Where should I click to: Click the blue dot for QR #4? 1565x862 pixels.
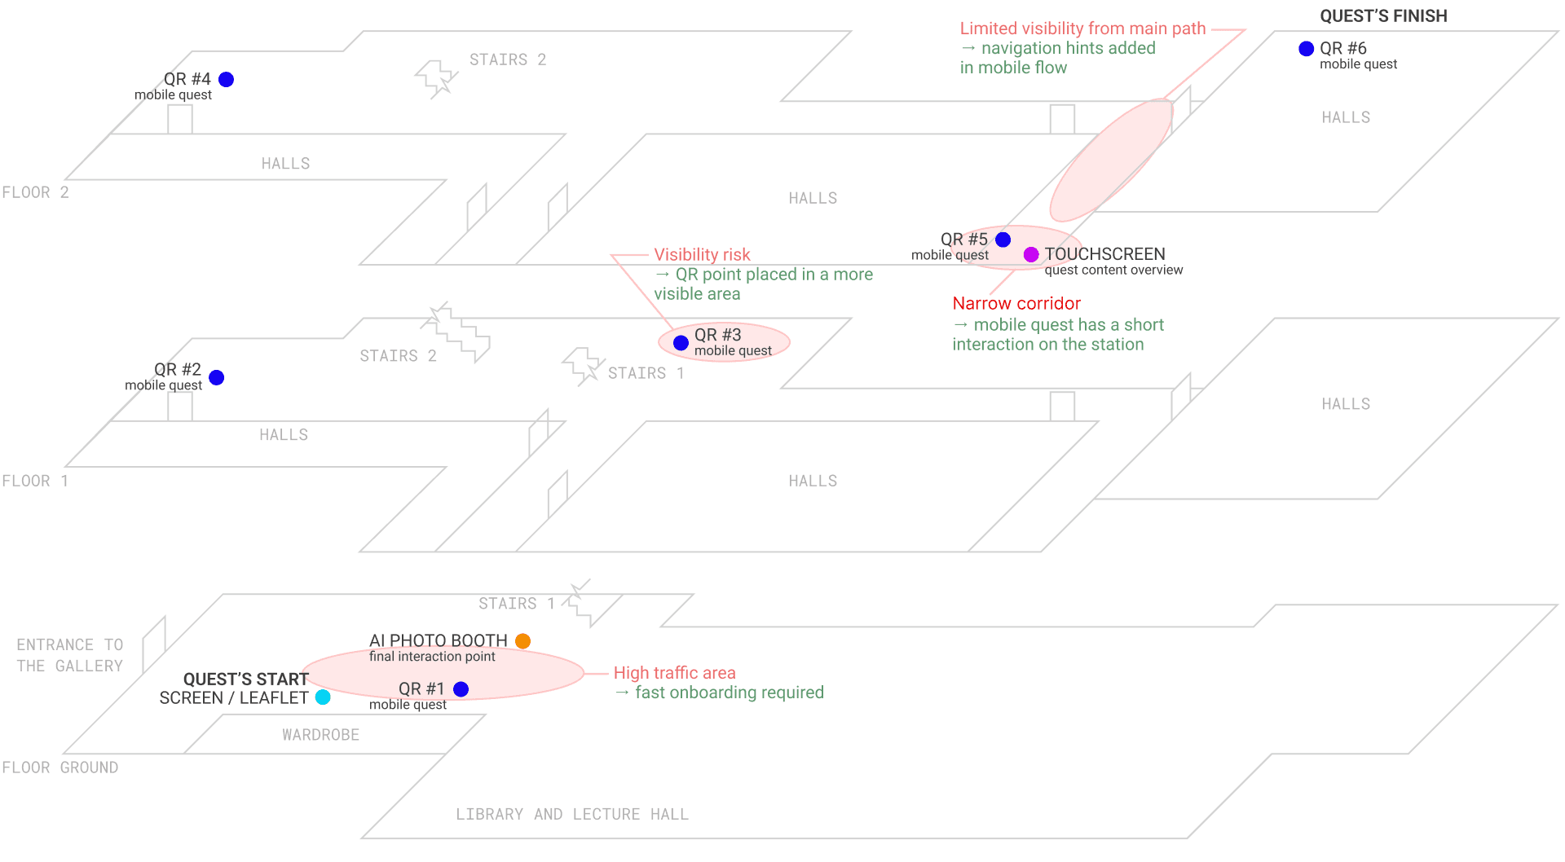click(227, 79)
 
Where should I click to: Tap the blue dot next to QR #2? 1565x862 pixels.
click(217, 377)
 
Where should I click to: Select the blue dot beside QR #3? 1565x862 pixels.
click(681, 343)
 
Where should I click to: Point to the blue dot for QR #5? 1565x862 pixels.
click(1003, 240)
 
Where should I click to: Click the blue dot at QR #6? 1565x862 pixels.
click(1307, 49)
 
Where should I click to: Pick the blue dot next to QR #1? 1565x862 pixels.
click(461, 689)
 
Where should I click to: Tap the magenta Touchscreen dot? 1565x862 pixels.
click(1031, 255)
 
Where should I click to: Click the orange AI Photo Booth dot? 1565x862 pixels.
click(523, 641)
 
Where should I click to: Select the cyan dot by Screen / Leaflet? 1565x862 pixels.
click(324, 697)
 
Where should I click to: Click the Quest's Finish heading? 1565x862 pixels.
click(1384, 16)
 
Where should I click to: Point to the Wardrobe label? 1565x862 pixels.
click(321, 735)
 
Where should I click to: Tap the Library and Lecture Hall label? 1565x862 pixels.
click(572, 815)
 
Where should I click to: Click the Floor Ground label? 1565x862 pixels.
click(60, 767)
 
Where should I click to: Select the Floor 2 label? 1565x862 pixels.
click(36, 192)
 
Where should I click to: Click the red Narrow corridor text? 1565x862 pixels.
click(1016, 303)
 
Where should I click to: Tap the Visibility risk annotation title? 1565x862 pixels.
click(702, 255)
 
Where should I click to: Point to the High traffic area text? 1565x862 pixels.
click(675, 673)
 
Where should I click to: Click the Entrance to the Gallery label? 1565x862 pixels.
click(70, 655)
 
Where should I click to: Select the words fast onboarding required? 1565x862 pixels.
click(730, 693)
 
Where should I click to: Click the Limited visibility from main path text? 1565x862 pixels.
click(1082, 29)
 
